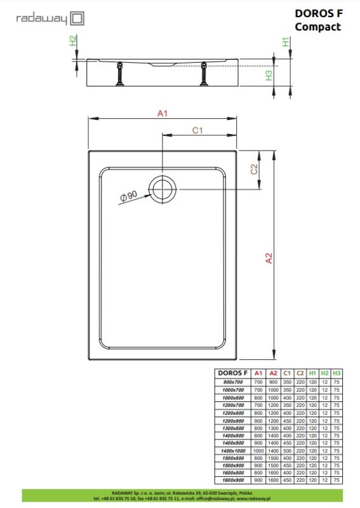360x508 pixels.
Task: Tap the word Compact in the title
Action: (x=317, y=27)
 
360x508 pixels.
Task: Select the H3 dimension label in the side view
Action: (x=269, y=75)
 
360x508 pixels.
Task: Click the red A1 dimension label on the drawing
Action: (x=162, y=113)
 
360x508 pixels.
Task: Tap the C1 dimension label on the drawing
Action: (x=197, y=131)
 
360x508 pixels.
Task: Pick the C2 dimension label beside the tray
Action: (x=253, y=170)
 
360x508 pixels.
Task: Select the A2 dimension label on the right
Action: (x=268, y=257)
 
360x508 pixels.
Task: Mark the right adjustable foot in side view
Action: (x=203, y=74)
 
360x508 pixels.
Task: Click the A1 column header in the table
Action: (x=258, y=373)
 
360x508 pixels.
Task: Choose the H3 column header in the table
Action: (x=337, y=373)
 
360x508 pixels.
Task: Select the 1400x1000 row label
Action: (x=233, y=450)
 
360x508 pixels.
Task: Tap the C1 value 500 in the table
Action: (x=287, y=450)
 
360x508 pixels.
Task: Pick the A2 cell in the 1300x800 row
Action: (x=273, y=427)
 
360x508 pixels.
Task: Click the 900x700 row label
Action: (x=233, y=382)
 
